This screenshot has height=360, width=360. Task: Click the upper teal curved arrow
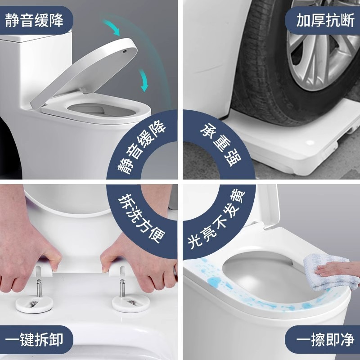[112, 27]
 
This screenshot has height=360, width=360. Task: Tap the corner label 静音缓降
[34, 20]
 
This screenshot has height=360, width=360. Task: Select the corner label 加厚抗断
[325, 20]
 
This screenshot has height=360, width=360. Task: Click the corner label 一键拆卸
[34, 340]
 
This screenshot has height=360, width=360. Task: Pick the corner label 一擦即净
[325, 340]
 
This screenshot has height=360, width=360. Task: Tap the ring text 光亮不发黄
[216, 219]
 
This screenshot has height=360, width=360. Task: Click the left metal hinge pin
[39, 288]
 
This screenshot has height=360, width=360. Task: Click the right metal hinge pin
[122, 288]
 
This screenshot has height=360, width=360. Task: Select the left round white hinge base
[35, 303]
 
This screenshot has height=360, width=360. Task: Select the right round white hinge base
[131, 303]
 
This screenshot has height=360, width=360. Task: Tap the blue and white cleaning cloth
[331, 272]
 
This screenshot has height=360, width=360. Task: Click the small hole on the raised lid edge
[125, 51]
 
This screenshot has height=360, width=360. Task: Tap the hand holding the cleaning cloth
[337, 269]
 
